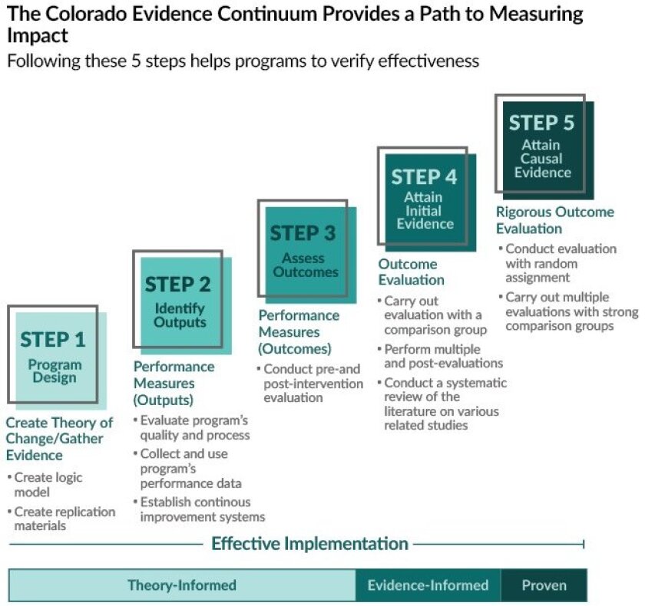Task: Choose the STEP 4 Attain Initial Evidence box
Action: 425,199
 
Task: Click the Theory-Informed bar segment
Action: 182,585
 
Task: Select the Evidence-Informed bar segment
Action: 428,585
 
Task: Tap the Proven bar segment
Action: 544,585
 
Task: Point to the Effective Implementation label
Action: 309,544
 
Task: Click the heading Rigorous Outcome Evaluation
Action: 554,220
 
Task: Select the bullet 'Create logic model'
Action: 48,485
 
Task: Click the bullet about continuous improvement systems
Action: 202,509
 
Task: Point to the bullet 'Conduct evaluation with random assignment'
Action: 561,263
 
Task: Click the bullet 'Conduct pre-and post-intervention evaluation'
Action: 308,383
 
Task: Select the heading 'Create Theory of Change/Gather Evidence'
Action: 59,439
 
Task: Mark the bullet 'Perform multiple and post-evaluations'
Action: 443,355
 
